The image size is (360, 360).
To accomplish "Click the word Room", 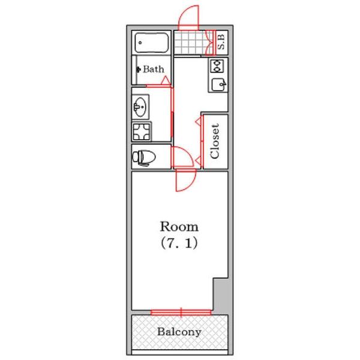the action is click(x=179, y=227).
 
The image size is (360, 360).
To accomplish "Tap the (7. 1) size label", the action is click(x=179, y=244).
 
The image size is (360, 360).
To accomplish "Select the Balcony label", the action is click(x=179, y=332).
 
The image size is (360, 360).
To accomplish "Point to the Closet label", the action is click(x=215, y=141).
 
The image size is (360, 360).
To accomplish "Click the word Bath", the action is click(x=154, y=69).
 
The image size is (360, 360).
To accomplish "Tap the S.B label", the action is click(x=221, y=42).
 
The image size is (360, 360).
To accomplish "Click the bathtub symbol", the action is click(x=152, y=43).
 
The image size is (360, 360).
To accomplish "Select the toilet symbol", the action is click(x=144, y=158).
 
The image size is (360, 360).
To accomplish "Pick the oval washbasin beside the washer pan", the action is click(x=140, y=107).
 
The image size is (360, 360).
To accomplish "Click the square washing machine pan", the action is click(x=142, y=131).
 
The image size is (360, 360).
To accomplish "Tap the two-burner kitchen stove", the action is click(x=217, y=66).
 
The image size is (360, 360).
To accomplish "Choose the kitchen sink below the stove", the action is click(x=218, y=85).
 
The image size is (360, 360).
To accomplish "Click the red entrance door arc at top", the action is click(x=188, y=16).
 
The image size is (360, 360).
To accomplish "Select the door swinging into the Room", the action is click(x=185, y=181).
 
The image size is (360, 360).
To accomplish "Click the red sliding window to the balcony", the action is click(x=181, y=312).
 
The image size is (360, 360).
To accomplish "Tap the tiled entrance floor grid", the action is click(x=191, y=43).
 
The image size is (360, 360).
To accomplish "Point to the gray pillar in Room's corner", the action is click(x=221, y=296).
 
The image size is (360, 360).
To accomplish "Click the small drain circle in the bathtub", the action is click(x=140, y=43).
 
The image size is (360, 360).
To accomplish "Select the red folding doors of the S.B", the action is click(x=211, y=43).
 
